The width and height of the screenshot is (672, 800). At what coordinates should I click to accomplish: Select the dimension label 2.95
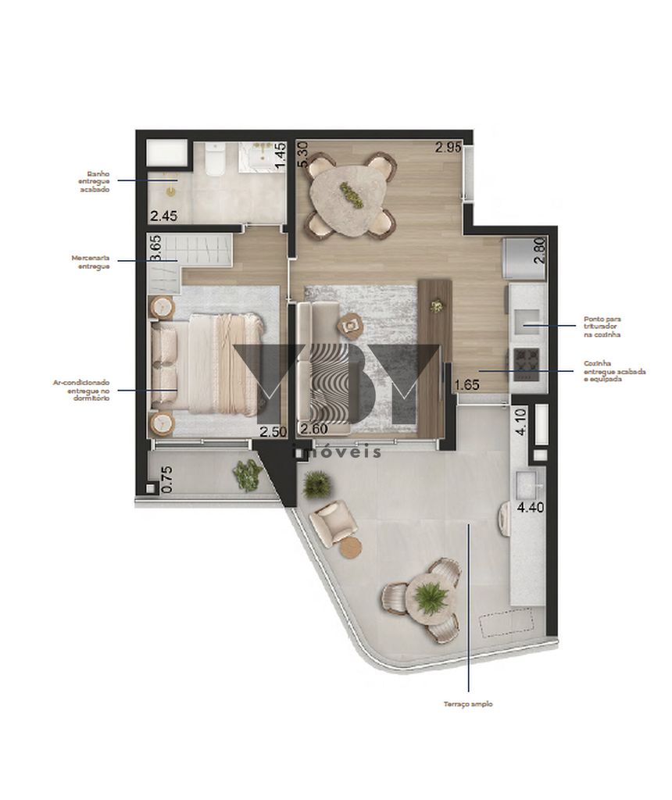(x=449, y=147)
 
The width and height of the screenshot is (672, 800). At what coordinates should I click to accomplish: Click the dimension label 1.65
(x=466, y=384)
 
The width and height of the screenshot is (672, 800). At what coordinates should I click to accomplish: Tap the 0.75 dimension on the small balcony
(x=165, y=479)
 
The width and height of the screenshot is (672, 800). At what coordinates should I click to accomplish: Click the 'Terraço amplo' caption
(x=467, y=704)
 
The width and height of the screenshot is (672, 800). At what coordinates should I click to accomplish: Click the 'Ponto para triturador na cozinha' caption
(x=602, y=327)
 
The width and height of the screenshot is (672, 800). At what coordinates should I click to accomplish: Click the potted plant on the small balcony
(x=248, y=474)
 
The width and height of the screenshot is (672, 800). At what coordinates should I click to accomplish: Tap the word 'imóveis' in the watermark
(x=336, y=452)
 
